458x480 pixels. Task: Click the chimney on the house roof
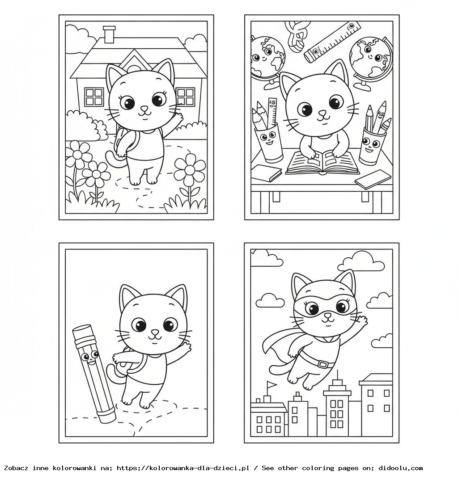click(109, 35)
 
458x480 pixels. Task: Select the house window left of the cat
click(94, 97)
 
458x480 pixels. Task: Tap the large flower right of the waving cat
click(190, 170)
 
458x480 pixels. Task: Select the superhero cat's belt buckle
click(322, 364)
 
